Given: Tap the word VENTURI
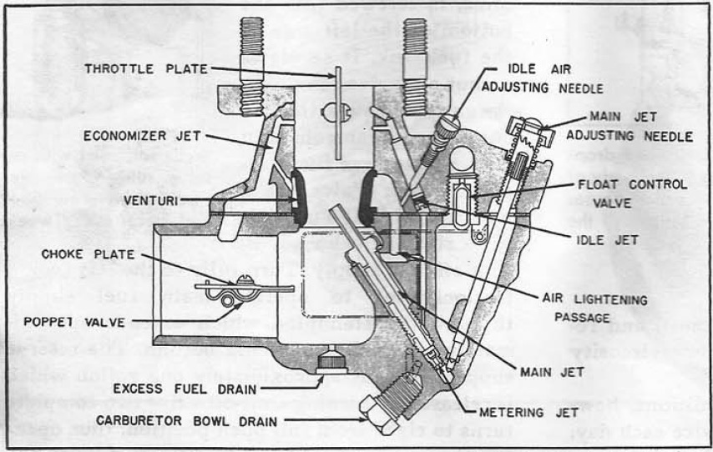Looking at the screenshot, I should coord(148,199).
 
